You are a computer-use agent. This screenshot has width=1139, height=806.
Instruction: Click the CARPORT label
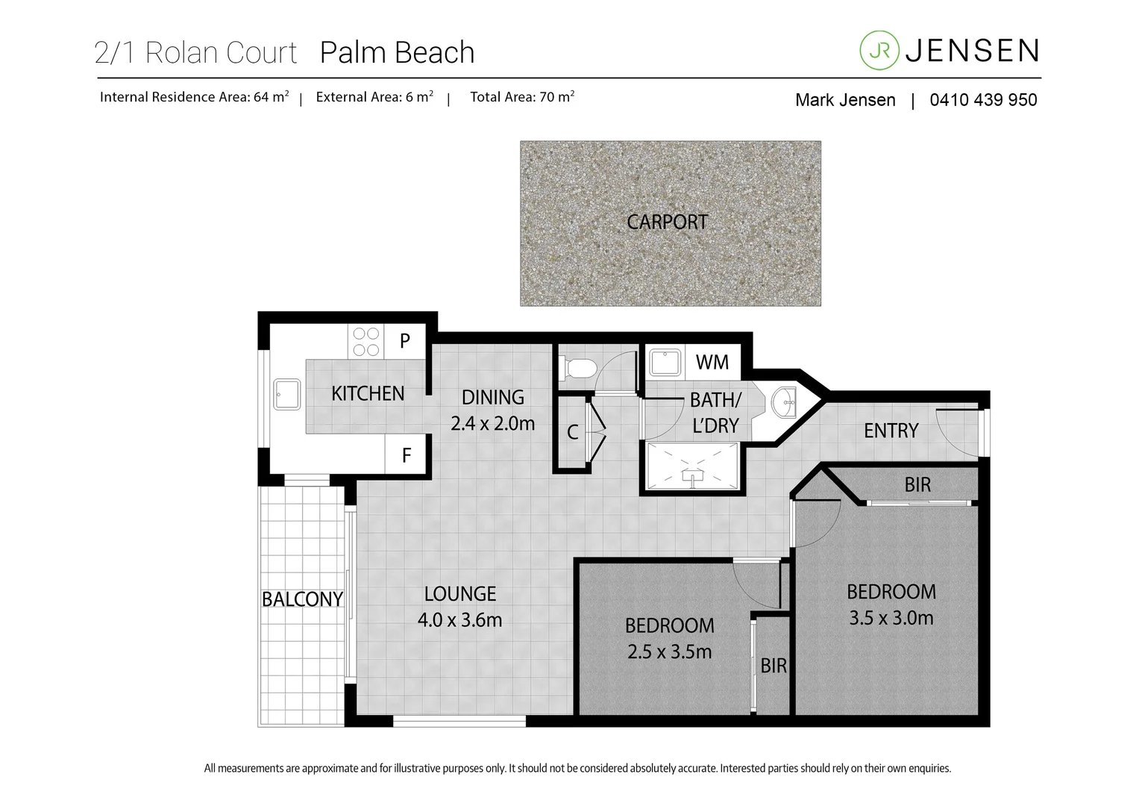coord(667,222)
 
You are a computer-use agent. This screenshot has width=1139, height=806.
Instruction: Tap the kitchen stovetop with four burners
coord(365,342)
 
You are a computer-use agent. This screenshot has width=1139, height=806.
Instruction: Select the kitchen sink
coord(287,394)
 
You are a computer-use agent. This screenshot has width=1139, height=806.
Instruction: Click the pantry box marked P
coord(405,341)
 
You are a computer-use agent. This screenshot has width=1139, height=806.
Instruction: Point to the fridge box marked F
coord(406,454)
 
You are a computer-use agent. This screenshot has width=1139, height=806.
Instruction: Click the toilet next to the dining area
coord(580,368)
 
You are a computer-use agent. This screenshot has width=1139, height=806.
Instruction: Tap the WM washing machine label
coord(712,362)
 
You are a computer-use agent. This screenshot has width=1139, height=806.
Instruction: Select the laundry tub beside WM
coord(664,363)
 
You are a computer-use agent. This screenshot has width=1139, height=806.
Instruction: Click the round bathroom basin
coord(784,404)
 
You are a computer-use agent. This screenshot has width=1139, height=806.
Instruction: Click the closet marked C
coord(573,432)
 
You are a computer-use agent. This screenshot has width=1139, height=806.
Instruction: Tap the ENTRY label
coord(891,431)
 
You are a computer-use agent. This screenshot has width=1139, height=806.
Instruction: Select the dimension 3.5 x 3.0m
coord(891,618)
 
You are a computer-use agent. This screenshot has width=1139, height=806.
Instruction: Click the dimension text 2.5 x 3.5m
coord(669,652)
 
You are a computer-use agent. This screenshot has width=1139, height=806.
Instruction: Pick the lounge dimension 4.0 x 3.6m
coord(459,619)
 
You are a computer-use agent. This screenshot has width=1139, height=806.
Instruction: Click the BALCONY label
coord(302,599)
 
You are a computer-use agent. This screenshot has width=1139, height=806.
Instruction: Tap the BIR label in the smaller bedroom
coord(774,665)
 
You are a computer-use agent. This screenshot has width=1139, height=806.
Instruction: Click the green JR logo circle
coord(879,50)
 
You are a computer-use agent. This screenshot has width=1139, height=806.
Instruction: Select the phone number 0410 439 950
coord(982,100)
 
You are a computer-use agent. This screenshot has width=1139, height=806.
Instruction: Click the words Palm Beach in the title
coord(397,53)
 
